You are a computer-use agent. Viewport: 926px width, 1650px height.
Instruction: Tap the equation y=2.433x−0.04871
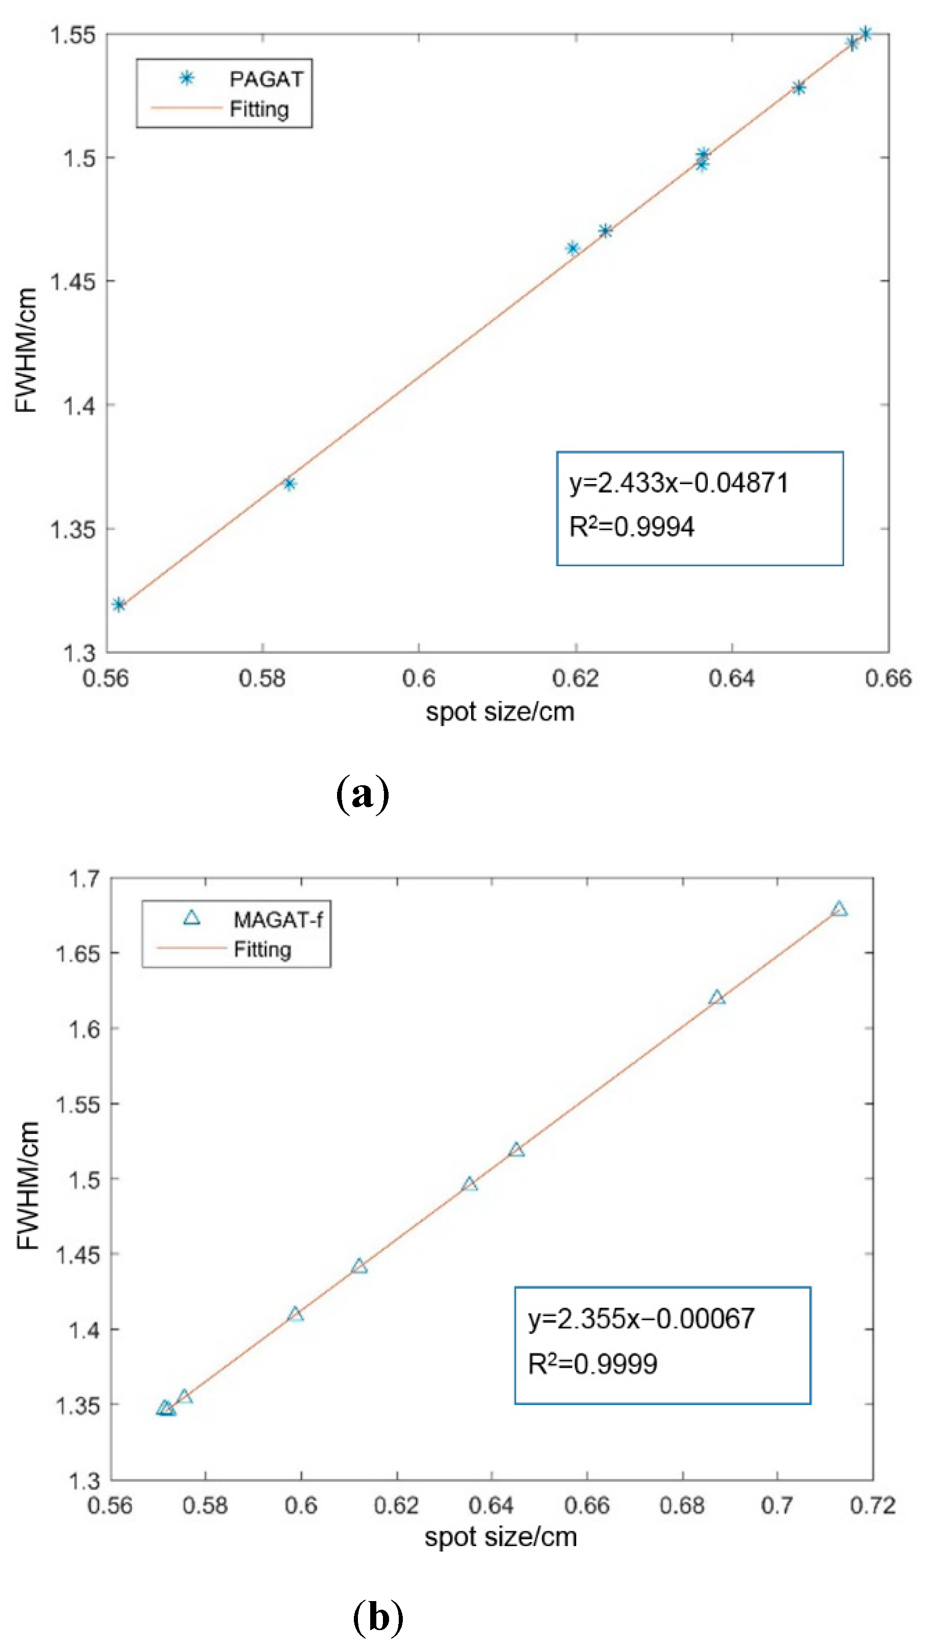[679, 483]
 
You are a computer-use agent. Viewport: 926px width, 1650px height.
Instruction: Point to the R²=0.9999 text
[592, 1364]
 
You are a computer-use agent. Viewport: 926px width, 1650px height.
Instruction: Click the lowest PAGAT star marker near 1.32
[118, 605]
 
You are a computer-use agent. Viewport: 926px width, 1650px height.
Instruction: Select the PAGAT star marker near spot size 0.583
[290, 484]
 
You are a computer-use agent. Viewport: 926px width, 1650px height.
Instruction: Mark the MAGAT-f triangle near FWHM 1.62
[716, 997]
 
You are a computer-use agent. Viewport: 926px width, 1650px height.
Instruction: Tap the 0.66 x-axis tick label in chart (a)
[888, 678]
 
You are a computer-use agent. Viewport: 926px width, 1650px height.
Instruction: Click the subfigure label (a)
[362, 794]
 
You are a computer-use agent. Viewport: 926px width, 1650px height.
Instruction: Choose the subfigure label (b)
[378, 1616]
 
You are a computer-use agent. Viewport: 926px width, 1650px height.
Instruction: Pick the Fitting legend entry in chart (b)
[262, 949]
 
